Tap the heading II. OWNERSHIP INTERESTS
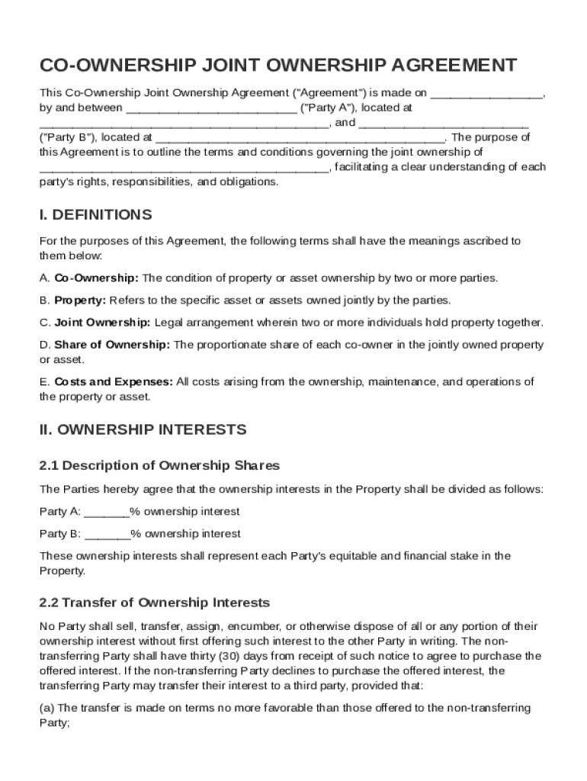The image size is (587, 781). (143, 429)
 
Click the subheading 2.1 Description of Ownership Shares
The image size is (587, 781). (159, 465)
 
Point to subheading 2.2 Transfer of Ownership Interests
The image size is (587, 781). (154, 603)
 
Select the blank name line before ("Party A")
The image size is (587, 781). (211, 108)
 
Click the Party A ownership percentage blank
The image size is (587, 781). (107, 512)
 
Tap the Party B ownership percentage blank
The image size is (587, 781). (107, 534)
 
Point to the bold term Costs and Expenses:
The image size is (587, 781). (114, 381)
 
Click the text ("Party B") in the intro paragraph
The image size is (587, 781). (67, 138)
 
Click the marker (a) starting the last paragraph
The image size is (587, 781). (47, 708)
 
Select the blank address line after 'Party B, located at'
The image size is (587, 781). (300, 138)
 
